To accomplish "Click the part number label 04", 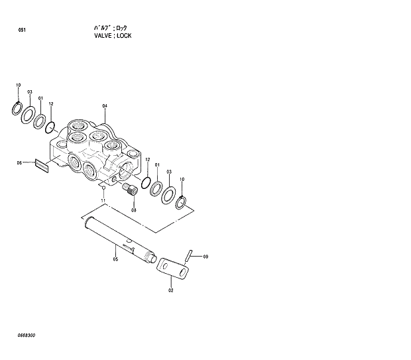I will (x=104, y=106).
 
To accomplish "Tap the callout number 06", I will (x=19, y=162).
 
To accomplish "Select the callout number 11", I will (x=103, y=200).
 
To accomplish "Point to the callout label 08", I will (x=133, y=210).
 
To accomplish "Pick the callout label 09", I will (x=206, y=257).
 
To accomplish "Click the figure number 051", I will (x=23, y=30).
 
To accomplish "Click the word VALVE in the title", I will (x=103, y=35).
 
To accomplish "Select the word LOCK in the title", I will (x=124, y=35).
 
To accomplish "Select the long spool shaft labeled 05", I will (x=116, y=237).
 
